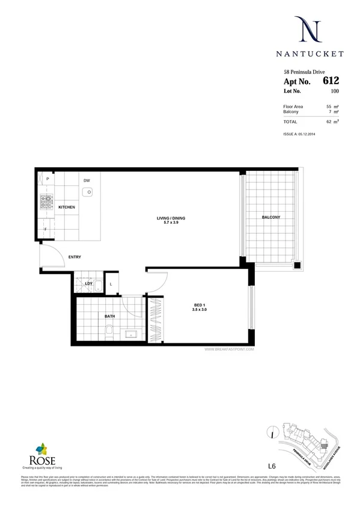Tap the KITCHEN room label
[66, 207]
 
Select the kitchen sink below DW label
[88, 192]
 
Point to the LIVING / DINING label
[159, 219]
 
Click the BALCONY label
[271, 217]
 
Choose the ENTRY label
[75, 257]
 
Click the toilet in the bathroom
[108, 333]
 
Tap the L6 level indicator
[272, 465]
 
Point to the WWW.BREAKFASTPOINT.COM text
[230, 348]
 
